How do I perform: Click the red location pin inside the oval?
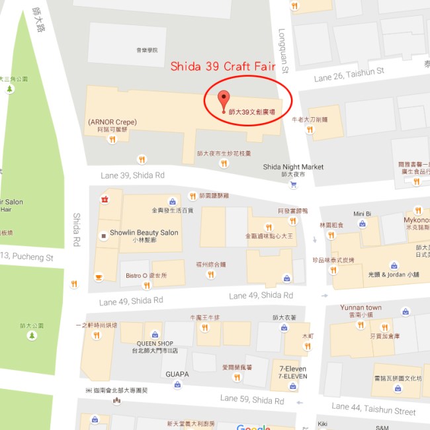click(224, 100)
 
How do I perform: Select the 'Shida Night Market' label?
click(293, 167)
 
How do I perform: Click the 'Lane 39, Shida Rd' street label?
click(132, 175)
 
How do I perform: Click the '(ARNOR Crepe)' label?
click(112, 122)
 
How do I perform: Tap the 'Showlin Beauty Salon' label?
click(144, 233)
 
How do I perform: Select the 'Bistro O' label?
click(138, 275)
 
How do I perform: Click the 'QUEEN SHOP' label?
click(155, 343)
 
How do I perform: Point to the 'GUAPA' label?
click(177, 374)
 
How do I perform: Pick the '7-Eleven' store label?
click(292, 368)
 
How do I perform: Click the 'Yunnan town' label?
click(361, 308)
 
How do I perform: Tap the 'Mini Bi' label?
click(362, 214)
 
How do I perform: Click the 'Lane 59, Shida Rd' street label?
click(252, 400)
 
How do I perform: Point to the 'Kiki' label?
click(323, 424)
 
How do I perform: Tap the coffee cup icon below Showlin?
click(99, 276)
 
